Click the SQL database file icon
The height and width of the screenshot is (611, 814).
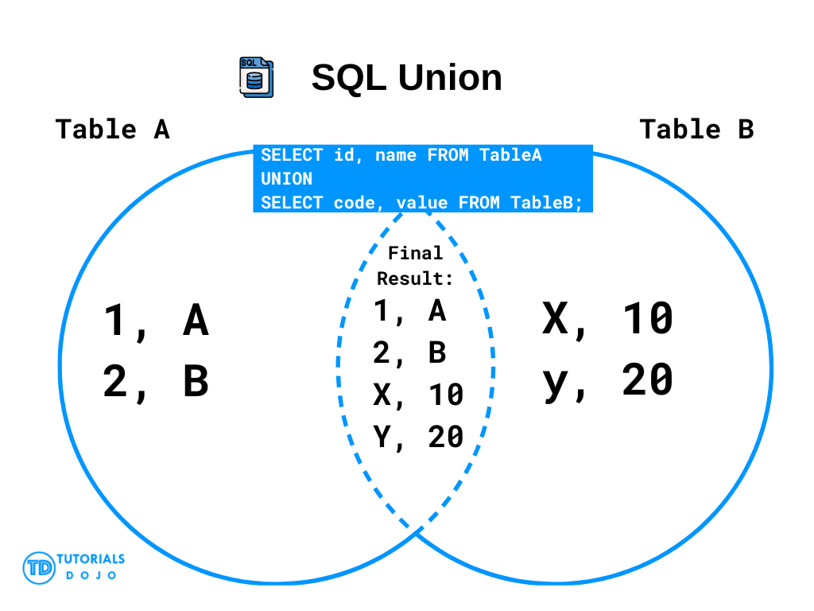(x=257, y=77)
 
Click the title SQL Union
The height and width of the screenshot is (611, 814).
(x=406, y=77)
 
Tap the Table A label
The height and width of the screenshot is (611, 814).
(x=113, y=129)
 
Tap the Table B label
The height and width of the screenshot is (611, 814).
(x=696, y=129)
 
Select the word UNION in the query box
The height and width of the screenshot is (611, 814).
(x=286, y=179)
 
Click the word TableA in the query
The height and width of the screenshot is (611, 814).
(x=510, y=155)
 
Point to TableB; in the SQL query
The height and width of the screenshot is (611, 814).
(x=546, y=203)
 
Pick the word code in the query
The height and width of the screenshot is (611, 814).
(x=354, y=203)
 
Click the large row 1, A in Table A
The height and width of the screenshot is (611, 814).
(x=157, y=321)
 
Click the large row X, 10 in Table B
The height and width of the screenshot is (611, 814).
(x=608, y=319)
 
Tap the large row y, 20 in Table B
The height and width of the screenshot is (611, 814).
(x=608, y=381)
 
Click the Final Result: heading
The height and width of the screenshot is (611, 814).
(x=415, y=266)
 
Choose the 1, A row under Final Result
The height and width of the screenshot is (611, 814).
(x=409, y=312)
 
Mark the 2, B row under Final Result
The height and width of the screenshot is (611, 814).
(x=409, y=353)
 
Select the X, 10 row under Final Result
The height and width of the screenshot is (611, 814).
(x=418, y=395)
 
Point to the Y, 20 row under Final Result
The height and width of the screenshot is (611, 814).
(x=418, y=437)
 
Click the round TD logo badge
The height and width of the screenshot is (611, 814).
(x=39, y=568)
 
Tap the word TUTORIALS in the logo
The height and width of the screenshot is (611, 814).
(x=91, y=559)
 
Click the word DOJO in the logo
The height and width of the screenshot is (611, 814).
(x=91, y=575)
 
